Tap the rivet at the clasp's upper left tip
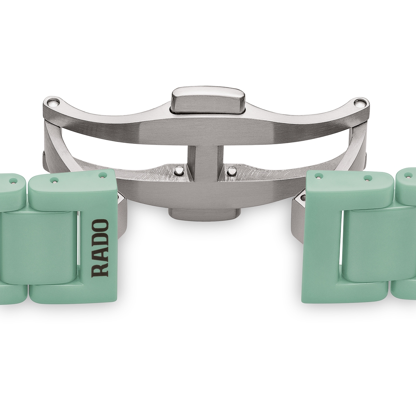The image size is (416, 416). tap(53, 102)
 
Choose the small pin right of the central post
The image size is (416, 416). tap(231, 171)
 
